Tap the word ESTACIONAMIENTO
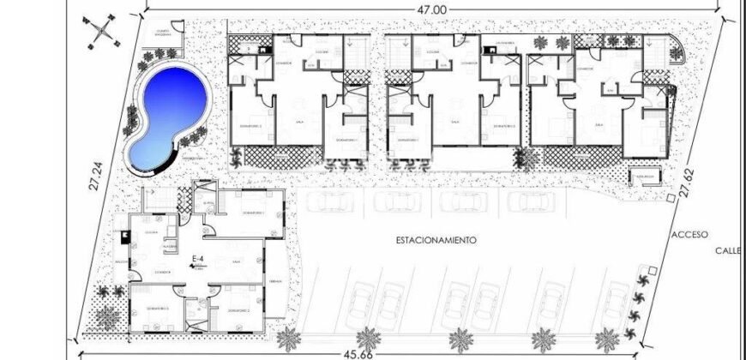pyautogui.click(x=436, y=241)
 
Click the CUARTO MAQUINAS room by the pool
pyautogui.click(x=166, y=35)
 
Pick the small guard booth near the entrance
pyautogui.click(x=645, y=177)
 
